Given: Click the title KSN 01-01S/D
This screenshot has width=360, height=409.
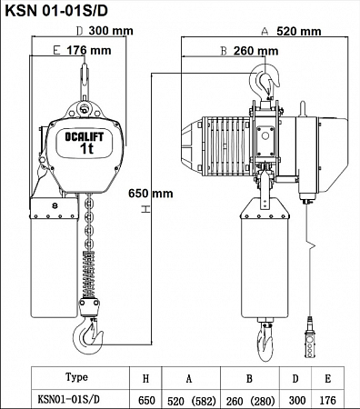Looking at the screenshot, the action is pyautogui.click(x=56, y=11).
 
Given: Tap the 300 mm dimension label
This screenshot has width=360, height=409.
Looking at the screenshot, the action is pyautogui.click(x=111, y=31).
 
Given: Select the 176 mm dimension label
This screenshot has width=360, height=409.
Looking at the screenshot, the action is pyautogui.click(x=89, y=50).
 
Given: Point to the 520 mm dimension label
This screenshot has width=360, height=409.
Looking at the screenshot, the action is pyautogui.click(x=299, y=31).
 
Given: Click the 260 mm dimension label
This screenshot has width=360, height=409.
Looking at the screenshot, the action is pyautogui.click(x=255, y=51).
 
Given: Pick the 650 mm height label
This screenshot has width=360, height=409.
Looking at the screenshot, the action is pyautogui.click(x=151, y=194).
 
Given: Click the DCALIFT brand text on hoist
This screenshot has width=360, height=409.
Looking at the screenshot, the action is pyautogui.click(x=85, y=137).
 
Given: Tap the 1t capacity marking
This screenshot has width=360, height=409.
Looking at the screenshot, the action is pyautogui.click(x=86, y=148).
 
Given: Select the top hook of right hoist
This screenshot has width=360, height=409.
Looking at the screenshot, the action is pyautogui.click(x=265, y=79).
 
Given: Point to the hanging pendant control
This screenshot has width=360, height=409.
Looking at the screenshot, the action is pyautogui.click(x=310, y=338).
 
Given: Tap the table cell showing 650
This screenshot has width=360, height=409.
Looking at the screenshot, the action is pyautogui.click(x=146, y=401).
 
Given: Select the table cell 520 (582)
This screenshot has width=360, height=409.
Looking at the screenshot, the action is pyautogui.click(x=192, y=401).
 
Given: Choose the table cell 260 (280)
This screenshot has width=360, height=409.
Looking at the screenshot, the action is pyautogui.click(x=250, y=401).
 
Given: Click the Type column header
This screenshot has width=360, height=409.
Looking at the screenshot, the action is pyautogui.click(x=76, y=377).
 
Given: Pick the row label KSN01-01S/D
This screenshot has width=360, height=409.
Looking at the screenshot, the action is pyautogui.click(x=68, y=400).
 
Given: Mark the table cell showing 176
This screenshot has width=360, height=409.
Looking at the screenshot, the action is pyautogui.click(x=328, y=400).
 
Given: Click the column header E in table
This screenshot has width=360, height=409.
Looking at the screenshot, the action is pyautogui.click(x=328, y=379).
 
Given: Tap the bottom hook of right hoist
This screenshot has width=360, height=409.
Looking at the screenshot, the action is pyautogui.click(x=265, y=343).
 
